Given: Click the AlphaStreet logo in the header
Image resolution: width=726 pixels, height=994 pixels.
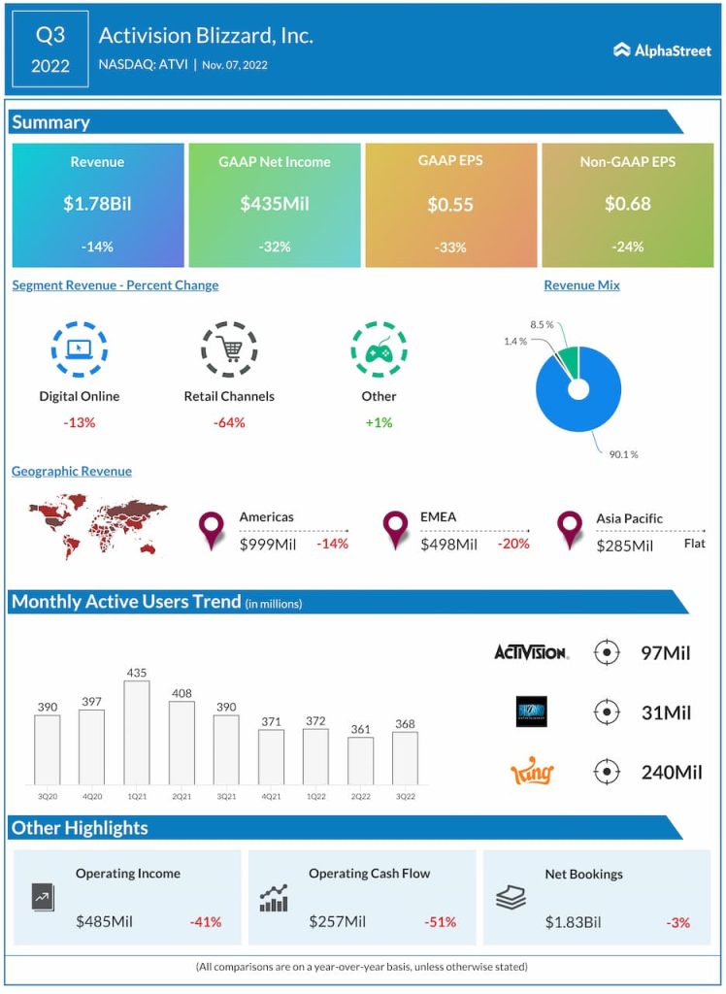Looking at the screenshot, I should coord(663,50).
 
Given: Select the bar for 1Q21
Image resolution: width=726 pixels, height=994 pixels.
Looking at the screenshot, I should coord(137,732).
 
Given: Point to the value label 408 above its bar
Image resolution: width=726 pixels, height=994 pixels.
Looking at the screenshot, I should coord(181,693).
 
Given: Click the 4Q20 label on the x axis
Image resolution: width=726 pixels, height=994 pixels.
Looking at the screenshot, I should coord(92,796).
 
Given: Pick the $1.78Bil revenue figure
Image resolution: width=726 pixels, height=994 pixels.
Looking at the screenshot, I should coord(97,204).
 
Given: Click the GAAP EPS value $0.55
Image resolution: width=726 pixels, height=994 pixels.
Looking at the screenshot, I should coord(450,204).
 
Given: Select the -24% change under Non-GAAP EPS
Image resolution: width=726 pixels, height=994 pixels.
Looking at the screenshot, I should coord(627,247).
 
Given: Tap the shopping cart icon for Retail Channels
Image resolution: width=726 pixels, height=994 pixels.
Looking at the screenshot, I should coord(229,349).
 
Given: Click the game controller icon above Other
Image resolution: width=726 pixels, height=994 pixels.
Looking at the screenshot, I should coord(379,349).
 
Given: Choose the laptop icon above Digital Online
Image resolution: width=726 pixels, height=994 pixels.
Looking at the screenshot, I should coord(80,349).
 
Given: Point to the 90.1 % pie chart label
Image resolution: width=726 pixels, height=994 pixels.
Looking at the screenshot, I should coord(622,454).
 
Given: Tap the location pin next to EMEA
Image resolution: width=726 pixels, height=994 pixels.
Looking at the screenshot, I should coord(395,529).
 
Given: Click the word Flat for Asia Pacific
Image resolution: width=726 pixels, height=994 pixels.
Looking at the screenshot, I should coord(694,544).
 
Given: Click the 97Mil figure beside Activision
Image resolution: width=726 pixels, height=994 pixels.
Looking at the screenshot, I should coord(666,652).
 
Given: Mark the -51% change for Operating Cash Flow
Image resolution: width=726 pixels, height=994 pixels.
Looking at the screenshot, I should coord(441,921).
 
